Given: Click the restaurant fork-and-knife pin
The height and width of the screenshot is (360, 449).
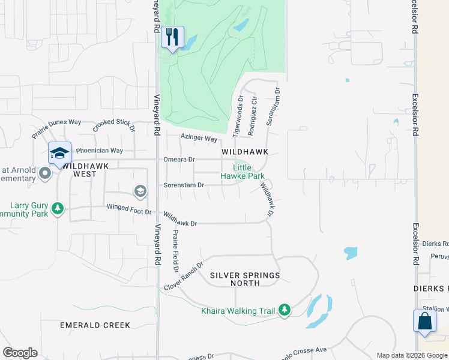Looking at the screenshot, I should click(173, 38).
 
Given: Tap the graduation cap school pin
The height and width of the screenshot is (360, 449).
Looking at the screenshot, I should click(60, 154).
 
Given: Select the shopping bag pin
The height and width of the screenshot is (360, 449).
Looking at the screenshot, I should click(424, 321).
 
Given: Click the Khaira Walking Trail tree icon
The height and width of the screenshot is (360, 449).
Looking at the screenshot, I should click(285, 310).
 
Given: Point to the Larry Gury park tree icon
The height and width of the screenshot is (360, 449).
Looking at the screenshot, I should click(58, 209).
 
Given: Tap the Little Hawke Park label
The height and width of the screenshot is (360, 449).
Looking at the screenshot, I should click(243, 172).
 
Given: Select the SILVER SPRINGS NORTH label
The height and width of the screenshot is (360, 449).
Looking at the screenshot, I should click(245, 279).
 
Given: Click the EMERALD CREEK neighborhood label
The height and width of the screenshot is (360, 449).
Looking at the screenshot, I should click(95, 325).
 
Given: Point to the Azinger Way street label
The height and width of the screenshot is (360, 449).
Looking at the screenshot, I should click(199, 139).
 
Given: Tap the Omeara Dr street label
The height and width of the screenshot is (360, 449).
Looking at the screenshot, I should click(179, 160).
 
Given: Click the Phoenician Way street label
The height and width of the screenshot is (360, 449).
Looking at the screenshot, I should click(99, 151).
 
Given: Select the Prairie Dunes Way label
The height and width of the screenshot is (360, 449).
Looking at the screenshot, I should click(56, 127).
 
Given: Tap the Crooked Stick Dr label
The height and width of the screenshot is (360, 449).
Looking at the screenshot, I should click(114, 125).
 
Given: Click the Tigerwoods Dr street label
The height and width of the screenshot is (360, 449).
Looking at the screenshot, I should click(238, 113).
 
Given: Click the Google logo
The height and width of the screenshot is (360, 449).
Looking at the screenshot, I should click(20, 353).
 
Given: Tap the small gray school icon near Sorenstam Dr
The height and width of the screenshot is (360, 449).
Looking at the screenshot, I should click(140, 191).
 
